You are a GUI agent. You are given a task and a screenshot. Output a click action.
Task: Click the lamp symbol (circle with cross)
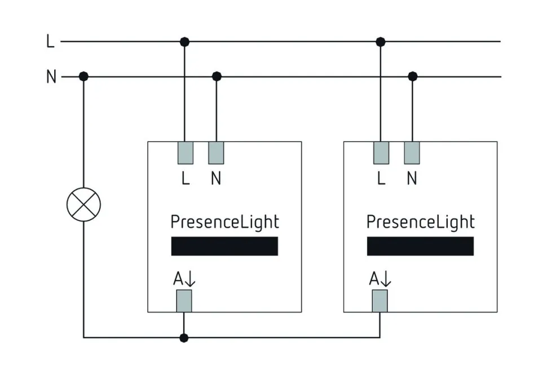point(83,204)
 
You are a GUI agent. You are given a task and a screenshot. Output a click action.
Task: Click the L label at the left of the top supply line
point(50,41)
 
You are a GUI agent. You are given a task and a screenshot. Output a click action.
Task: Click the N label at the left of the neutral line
point(51,77)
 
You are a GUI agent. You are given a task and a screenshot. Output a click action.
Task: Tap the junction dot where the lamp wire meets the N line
point(83,77)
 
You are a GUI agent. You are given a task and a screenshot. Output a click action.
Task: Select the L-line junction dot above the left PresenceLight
point(184,41)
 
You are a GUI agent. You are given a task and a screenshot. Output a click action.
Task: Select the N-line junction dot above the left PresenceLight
point(217,77)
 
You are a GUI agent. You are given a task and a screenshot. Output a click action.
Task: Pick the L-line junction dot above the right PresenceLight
point(381,41)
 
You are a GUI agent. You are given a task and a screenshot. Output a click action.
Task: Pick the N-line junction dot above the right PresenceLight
point(413,77)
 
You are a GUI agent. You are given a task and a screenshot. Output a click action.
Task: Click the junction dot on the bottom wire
point(184,338)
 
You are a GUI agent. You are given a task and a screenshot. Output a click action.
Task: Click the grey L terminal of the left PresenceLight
point(186,152)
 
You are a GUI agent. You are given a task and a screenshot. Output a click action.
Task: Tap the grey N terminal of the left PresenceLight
point(217,152)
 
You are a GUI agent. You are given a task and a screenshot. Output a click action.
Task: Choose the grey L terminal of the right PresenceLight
point(381,152)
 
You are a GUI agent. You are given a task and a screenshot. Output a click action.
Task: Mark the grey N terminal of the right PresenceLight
point(412,152)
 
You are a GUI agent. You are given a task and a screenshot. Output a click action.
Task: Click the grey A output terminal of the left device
point(184,301)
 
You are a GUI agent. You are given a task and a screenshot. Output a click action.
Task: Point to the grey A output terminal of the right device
point(380,301)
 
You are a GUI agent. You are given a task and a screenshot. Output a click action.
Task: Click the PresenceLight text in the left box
point(224,222)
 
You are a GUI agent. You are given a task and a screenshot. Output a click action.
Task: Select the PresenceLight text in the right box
point(421,222)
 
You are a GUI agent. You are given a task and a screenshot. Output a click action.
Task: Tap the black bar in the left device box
point(224,246)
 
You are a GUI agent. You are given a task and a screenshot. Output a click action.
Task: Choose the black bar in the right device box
point(420,246)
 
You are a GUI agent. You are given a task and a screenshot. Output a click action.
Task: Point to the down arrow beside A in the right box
point(387,279)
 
